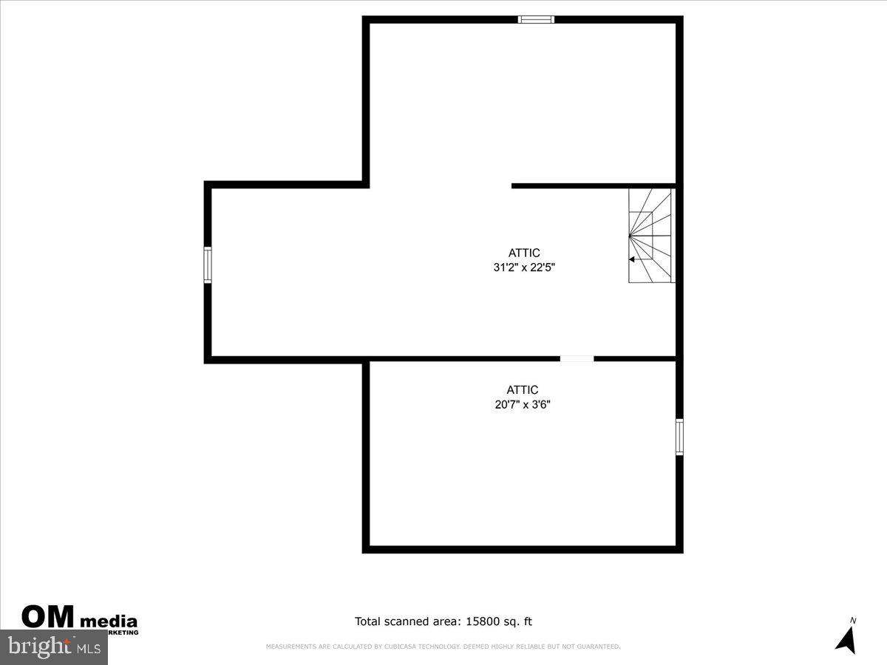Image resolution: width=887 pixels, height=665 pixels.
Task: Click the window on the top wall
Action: tap(536, 19)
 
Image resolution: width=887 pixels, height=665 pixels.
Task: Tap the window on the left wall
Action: tap(208, 265)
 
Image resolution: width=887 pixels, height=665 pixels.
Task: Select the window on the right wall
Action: tap(679, 436)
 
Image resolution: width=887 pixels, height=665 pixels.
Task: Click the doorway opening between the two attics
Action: tap(577, 359)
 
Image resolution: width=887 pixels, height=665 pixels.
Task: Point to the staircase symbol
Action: tap(650, 235)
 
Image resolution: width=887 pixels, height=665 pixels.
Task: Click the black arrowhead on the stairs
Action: tap(632, 259)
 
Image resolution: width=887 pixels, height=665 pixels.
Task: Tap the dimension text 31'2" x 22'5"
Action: tap(524, 267)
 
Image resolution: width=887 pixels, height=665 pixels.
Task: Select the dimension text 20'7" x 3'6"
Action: tap(523, 404)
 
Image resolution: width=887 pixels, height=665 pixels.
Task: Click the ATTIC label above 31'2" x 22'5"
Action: tap(524, 253)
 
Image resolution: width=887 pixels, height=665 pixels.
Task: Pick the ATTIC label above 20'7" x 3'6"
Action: tap(523, 389)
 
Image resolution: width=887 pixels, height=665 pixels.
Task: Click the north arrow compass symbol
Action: tap(847, 640)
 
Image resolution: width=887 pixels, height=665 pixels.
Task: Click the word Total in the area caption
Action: tap(370, 621)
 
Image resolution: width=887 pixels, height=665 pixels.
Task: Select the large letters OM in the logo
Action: tap(48, 618)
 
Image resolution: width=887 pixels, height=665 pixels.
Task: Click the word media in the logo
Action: tap(108, 621)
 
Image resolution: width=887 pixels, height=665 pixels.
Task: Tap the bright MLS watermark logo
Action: tap(53, 647)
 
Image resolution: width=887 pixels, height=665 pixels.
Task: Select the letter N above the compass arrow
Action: tap(853, 621)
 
